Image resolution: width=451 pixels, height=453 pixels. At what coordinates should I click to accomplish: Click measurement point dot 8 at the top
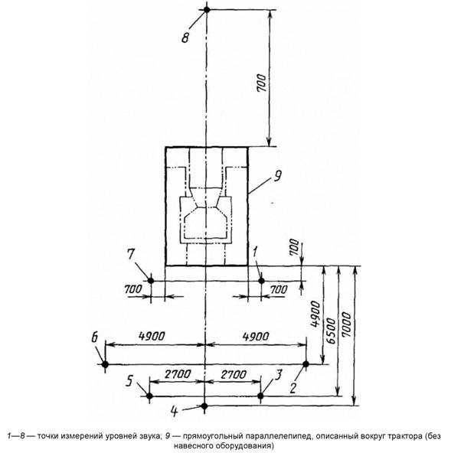click(207, 9)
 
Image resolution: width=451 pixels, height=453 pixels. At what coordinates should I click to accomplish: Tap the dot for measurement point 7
click(151, 280)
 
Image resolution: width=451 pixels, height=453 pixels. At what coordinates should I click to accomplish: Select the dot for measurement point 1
click(262, 281)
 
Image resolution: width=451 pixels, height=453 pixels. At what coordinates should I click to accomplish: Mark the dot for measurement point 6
click(105, 364)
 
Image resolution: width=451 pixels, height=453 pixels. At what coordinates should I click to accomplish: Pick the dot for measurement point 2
click(306, 364)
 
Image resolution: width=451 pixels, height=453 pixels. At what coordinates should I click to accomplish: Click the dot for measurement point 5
click(149, 396)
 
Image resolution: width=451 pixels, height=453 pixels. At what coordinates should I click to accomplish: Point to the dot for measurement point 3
click(260, 396)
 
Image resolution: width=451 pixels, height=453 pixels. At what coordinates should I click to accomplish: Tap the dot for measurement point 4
click(204, 406)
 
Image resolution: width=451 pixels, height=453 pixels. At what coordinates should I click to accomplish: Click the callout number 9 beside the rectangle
click(277, 176)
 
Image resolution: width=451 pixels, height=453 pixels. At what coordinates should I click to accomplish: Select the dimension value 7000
click(346, 324)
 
